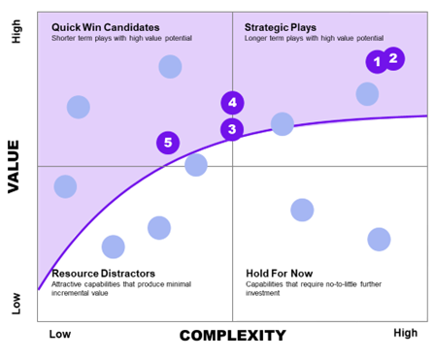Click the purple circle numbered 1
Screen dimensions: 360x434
[376, 62]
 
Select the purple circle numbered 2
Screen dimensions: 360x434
[393, 58]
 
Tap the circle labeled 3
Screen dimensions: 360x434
[232, 129]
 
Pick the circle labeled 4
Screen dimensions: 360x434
[232, 102]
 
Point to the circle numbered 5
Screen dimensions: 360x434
[168, 143]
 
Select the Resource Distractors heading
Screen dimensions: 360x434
[103, 274]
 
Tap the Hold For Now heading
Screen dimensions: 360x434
[281, 274]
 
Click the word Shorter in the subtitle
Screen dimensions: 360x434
[67, 38]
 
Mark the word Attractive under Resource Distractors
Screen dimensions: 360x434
[69, 283]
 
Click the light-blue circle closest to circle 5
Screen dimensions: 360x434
[196, 165]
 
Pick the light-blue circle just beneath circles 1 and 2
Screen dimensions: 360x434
[367, 94]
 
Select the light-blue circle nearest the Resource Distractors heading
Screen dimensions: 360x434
[114, 246]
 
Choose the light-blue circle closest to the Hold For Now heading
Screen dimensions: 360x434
[302, 210]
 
